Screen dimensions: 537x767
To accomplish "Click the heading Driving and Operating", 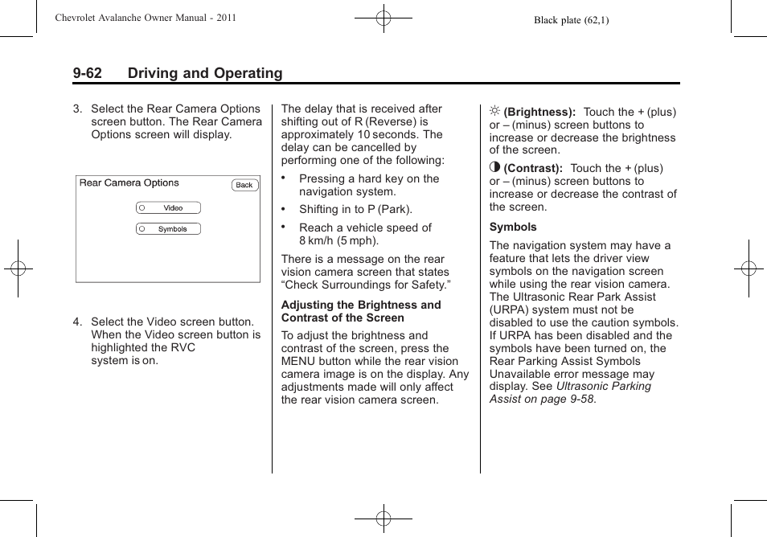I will tap(205, 73).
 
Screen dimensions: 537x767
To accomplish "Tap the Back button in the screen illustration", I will tap(244, 185).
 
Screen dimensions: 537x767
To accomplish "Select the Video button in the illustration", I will tap(168, 207).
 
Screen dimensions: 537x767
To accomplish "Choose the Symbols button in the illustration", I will tap(168, 229).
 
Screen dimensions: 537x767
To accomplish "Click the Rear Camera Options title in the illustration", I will tap(129, 183).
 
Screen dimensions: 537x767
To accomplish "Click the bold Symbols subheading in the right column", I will tap(513, 227).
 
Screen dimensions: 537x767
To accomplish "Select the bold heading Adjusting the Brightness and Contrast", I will tap(361, 311).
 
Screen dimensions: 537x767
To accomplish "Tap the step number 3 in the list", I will tap(77, 109).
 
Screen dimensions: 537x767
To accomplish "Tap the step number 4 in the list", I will tap(77, 322).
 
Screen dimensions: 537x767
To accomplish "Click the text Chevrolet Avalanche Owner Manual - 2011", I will tap(146, 18).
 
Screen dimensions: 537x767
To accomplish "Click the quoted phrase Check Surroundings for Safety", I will tap(366, 285).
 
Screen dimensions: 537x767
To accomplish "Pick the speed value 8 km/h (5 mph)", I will tap(338, 240).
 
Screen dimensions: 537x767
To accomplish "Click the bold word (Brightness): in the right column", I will tap(539, 112).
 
